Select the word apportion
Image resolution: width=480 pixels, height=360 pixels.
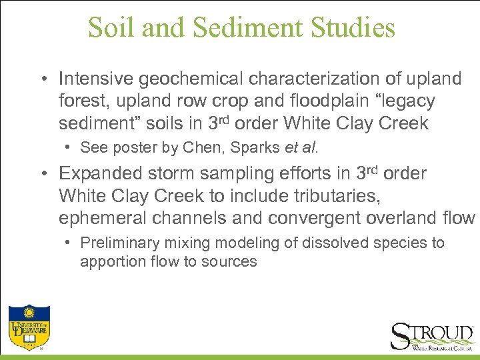[x=109, y=261]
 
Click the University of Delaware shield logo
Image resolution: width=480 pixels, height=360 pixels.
[x=27, y=326]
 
